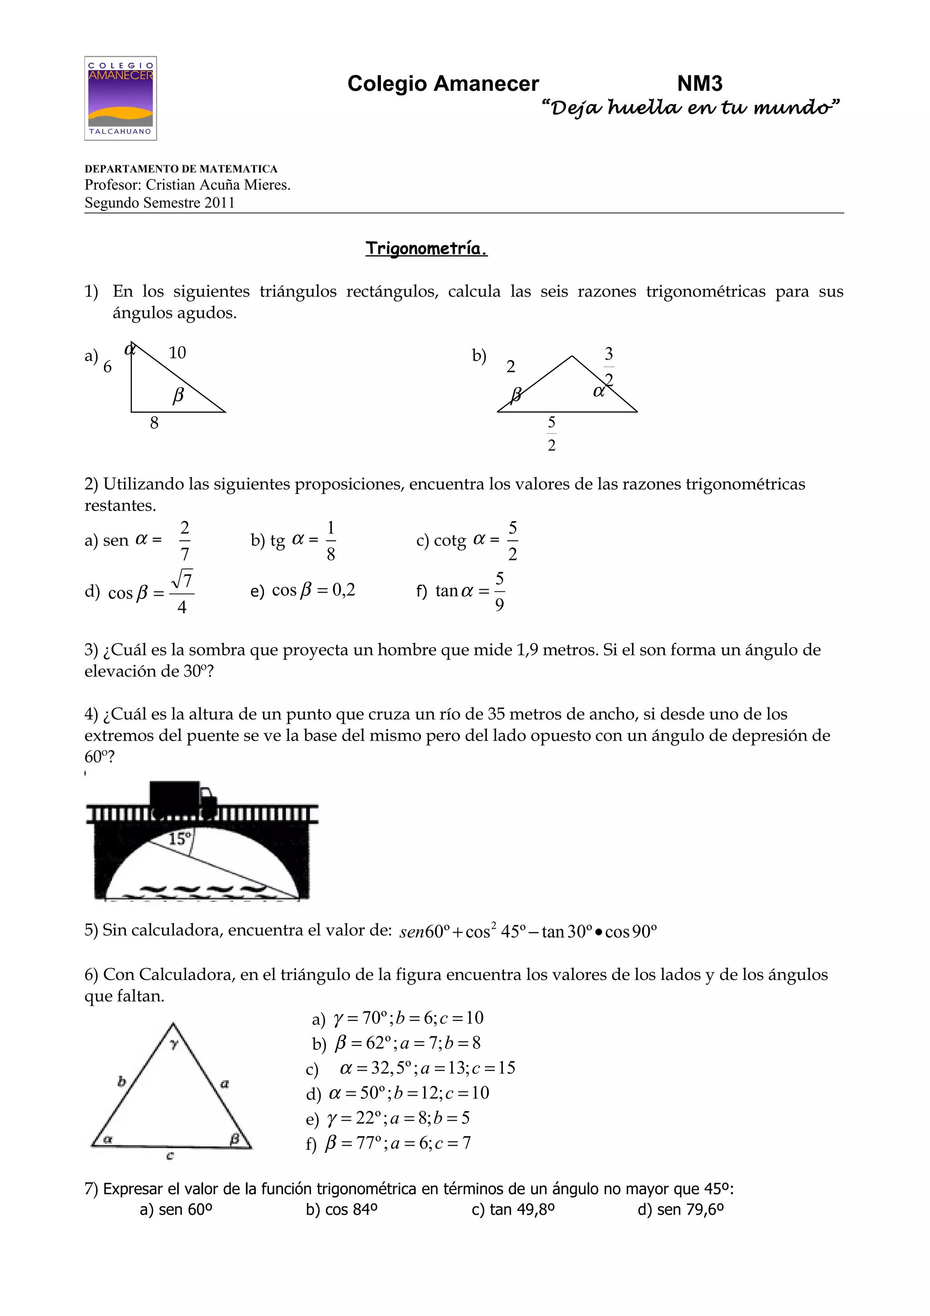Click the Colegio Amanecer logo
[120, 98]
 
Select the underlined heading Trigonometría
[426, 248]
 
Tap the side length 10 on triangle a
[177, 352]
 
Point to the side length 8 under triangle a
[154, 423]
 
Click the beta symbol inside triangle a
[178, 395]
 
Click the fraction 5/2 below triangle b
[551, 433]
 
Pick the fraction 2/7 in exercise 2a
[184, 540]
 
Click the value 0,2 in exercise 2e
[344, 590]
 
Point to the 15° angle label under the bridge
[179, 839]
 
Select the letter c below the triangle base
[170, 1156]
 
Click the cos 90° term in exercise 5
[630, 932]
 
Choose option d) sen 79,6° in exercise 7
[680, 1209]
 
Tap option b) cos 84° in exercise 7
[341, 1209]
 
